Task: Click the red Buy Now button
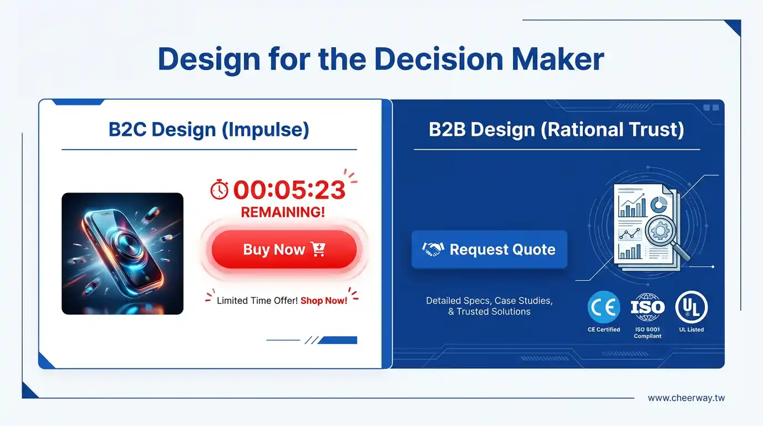point(284,250)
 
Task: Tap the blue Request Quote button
point(489,250)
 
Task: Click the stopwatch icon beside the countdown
point(220,190)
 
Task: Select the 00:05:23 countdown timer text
point(289,190)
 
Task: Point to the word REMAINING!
point(283,212)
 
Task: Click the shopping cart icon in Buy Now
point(318,249)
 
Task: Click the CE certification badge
point(604,307)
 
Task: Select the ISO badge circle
point(648,307)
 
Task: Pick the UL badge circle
point(691,307)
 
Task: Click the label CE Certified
point(604,329)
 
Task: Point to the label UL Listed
point(691,329)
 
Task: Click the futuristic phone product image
point(123,253)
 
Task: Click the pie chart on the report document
point(658,205)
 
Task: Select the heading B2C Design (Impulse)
point(209,129)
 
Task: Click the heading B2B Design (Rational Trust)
point(556,129)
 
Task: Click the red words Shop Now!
point(324,301)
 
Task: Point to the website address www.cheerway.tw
point(686,398)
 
